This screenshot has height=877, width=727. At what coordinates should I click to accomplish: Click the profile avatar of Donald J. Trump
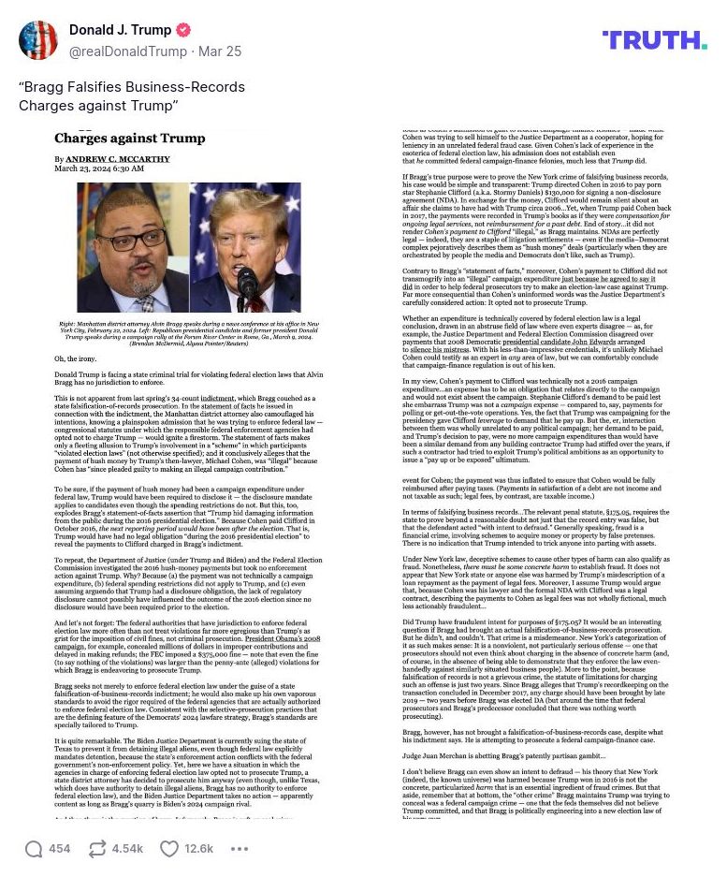pos(38,41)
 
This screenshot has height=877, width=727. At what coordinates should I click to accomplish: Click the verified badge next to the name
pos(183,31)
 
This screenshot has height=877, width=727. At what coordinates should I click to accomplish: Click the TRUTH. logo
pos(654,39)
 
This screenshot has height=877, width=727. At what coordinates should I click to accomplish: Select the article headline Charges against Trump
pos(129,139)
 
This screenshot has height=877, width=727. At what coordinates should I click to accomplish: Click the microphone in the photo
pos(247,281)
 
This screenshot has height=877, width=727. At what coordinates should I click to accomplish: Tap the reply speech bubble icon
pos(34,849)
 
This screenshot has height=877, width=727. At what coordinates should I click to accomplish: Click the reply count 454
pos(60,849)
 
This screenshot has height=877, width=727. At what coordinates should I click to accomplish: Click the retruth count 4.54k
pos(127,849)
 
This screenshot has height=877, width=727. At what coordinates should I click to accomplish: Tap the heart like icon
pos(169,849)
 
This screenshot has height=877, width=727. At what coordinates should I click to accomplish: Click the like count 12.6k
pos(198,849)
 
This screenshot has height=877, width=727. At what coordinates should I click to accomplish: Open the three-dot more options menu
pos(240,849)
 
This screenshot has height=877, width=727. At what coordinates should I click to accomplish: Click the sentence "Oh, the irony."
pos(75,358)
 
